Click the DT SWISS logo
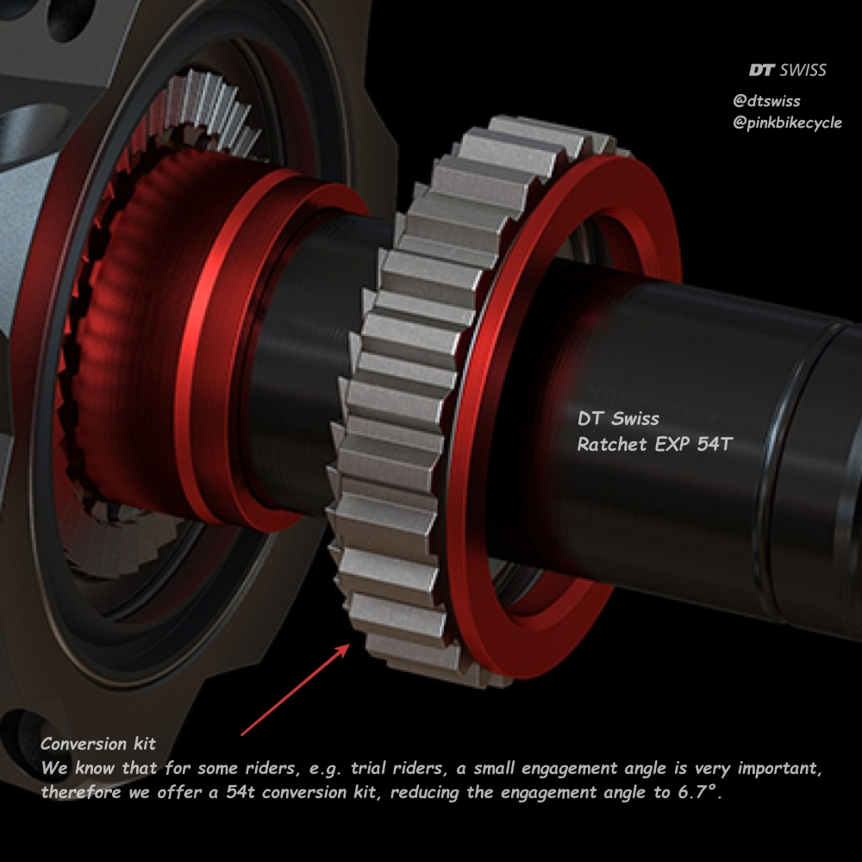click(787, 70)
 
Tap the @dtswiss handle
click(766, 101)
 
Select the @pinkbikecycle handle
click(787, 122)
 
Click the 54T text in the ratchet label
click(715, 444)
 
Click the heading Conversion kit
click(98, 744)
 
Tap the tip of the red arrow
click(350, 644)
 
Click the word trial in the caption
click(368, 768)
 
